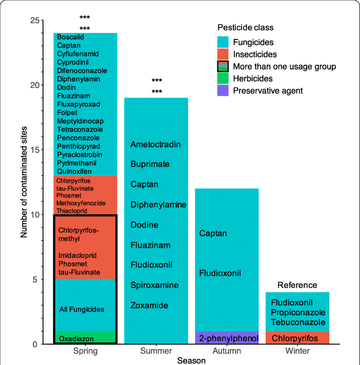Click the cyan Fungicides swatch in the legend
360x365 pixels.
[223, 42]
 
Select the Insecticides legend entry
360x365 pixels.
[254, 54]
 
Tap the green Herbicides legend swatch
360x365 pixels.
[223, 78]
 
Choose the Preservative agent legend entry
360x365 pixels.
[268, 91]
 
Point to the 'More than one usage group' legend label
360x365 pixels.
[284, 66]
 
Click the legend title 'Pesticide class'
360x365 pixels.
[245, 28]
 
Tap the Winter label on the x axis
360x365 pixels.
[297, 351]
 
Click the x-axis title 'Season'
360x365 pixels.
[191, 360]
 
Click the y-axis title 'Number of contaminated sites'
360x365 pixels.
[24, 182]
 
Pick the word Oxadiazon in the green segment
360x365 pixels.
[76, 339]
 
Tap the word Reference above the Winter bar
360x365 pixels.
[297, 285]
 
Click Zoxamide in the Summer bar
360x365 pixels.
[149, 306]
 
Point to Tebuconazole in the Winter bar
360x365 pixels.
[298, 322]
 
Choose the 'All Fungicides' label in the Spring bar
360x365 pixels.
[82, 310]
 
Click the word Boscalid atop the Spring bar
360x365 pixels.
[70, 37]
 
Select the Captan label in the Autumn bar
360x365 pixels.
[213, 234]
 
